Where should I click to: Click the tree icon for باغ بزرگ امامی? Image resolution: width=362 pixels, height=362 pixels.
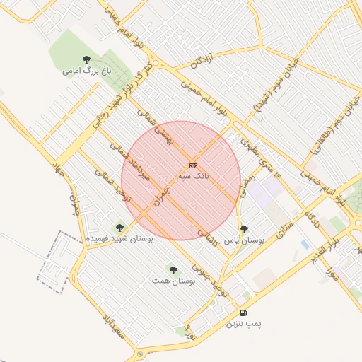click(86, 60)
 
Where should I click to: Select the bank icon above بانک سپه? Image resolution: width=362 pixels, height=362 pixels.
click(193, 165)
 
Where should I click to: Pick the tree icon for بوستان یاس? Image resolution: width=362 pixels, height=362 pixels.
click(244, 229)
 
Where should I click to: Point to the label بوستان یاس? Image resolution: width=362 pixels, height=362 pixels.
click(244, 240)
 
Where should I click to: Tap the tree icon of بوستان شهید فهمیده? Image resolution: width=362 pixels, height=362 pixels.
click(119, 228)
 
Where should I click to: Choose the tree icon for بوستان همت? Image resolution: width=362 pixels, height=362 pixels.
click(173, 270)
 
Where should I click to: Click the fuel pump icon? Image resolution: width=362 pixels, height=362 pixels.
click(243, 313)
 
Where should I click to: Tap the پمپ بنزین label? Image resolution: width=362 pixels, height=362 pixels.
click(243, 324)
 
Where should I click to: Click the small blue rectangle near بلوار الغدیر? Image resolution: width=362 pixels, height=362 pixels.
click(305, 244)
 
